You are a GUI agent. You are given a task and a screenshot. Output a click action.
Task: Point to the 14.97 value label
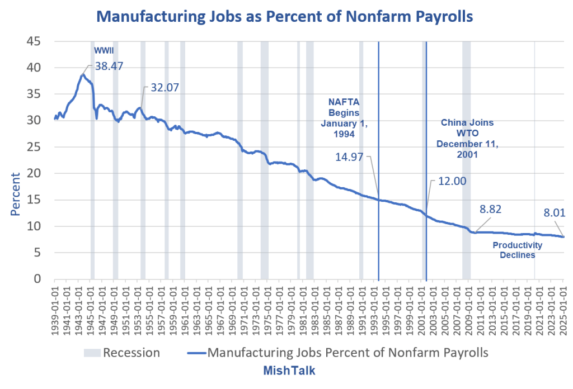coord(349,158)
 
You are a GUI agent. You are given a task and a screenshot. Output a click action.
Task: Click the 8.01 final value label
coord(556,212)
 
